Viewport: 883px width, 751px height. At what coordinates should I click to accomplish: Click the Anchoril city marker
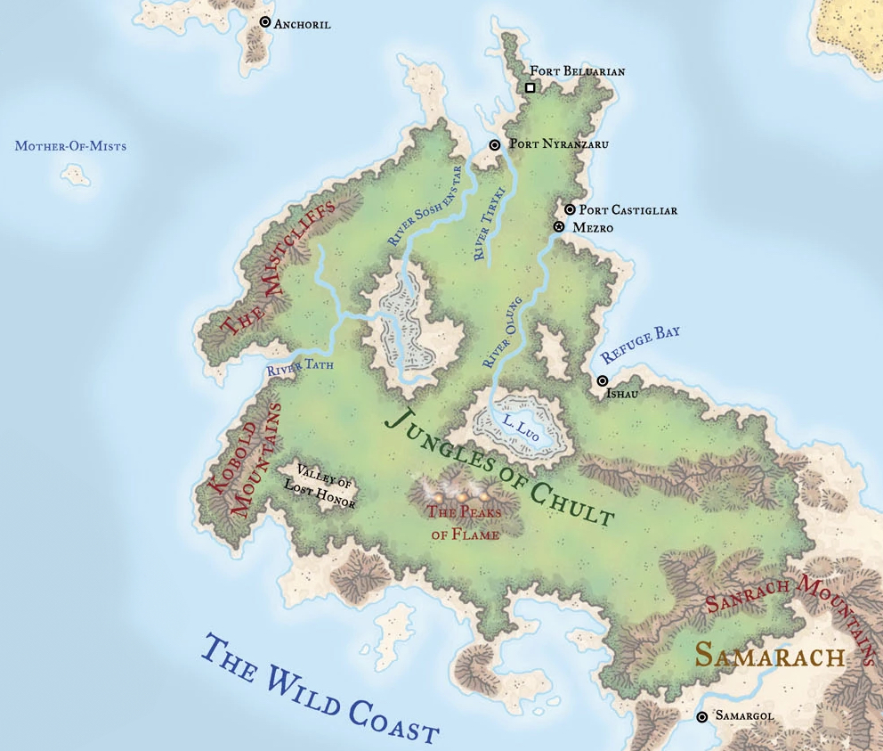coord(264,22)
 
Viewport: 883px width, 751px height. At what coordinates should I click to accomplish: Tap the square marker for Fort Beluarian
coord(531,87)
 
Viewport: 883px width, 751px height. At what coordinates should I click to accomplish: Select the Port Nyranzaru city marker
coord(496,144)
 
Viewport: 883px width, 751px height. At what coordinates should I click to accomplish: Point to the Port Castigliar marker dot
coord(570,209)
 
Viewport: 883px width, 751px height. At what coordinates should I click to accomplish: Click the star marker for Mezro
coord(559,227)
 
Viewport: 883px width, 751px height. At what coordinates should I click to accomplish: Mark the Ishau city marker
coord(603,380)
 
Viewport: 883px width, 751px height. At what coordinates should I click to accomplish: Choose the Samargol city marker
coord(702,716)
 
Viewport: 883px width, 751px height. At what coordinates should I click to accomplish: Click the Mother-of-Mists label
coord(70,146)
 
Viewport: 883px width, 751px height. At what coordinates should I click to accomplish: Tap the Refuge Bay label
coord(640,344)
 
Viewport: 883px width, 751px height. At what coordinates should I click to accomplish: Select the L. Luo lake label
coord(521,425)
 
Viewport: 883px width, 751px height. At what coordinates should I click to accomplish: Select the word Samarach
coord(769,656)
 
